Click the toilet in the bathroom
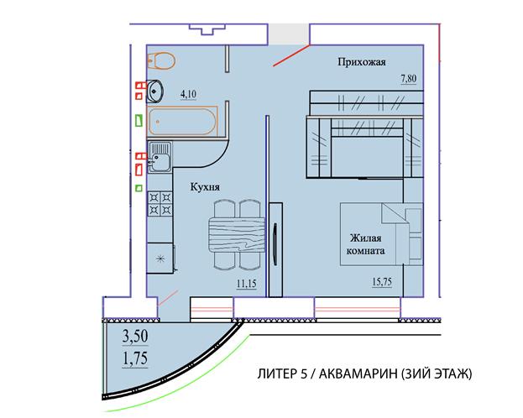(x=161, y=60)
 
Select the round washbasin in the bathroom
(x=154, y=90)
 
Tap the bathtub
(x=182, y=121)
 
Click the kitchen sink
(x=160, y=157)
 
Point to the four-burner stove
(x=160, y=203)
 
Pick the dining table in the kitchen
(x=237, y=234)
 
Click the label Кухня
(x=205, y=187)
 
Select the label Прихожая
(x=362, y=62)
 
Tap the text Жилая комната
(x=365, y=244)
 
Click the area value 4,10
(x=188, y=94)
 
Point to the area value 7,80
(x=409, y=79)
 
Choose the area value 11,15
(x=247, y=284)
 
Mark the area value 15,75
(x=382, y=282)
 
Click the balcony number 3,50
(x=135, y=337)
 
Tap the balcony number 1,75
(x=135, y=359)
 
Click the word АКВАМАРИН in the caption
(x=358, y=374)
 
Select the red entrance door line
(x=291, y=55)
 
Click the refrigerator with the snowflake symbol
(x=160, y=259)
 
